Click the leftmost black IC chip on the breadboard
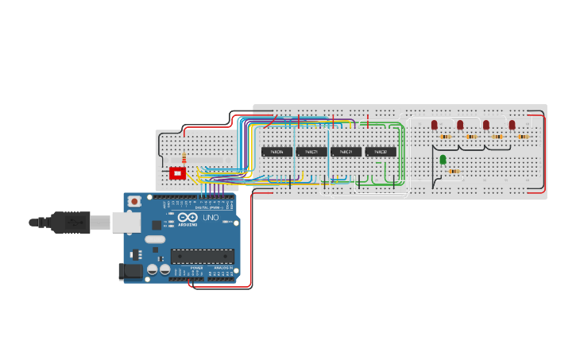(x=276, y=151)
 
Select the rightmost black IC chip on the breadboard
(x=381, y=151)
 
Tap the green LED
(x=443, y=160)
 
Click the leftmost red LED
(x=435, y=125)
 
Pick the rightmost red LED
(x=512, y=125)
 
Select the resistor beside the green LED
(x=454, y=171)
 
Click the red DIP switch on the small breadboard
(x=177, y=173)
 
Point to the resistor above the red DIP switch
(x=184, y=158)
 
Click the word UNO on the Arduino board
(x=211, y=218)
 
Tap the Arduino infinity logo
(x=188, y=217)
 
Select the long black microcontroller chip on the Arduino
(x=202, y=256)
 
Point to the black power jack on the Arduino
(x=130, y=272)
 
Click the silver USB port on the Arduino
(x=126, y=222)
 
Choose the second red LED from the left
(x=460, y=125)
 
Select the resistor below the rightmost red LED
(x=523, y=137)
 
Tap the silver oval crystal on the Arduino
(x=155, y=239)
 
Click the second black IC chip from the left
(x=311, y=151)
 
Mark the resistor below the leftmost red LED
(x=446, y=137)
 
